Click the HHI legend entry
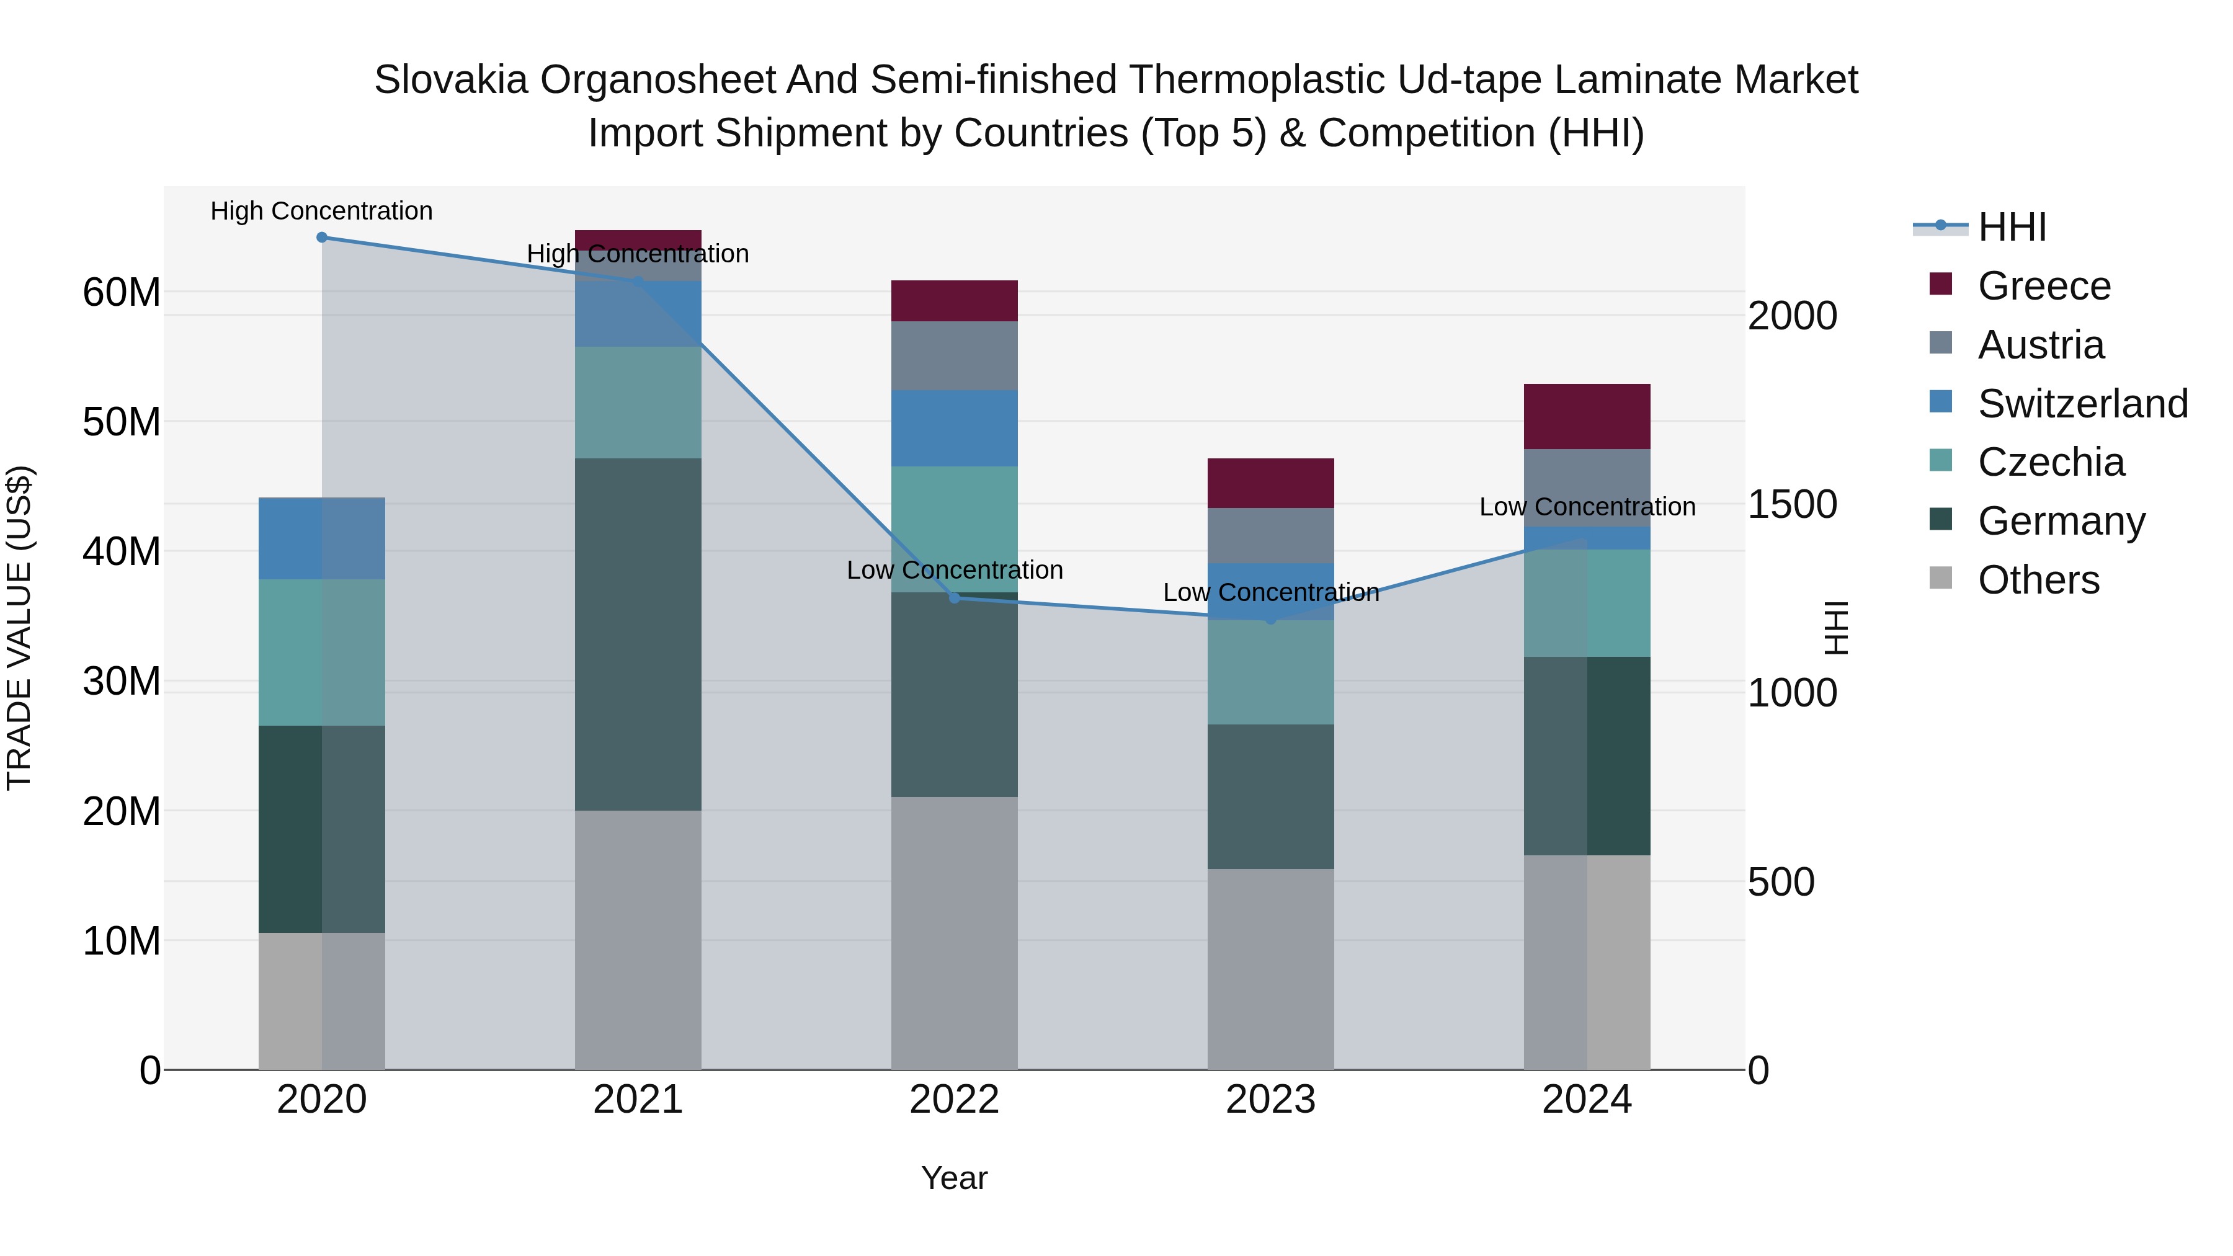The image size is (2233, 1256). pyautogui.click(x=2011, y=227)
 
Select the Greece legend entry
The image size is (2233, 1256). pyautogui.click(x=2043, y=286)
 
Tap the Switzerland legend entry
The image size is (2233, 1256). pyautogui.click(x=2081, y=404)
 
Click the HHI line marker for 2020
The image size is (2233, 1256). pyautogui.click(x=321, y=238)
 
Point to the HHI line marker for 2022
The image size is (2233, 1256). pyautogui.click(x=955, y=598)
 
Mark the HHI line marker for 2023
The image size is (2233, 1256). pyautogui.click(x=1271, y=620)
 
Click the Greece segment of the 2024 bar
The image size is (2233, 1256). pyautogui.click(x=1587, y=416)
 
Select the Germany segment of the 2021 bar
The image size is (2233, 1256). pyautogui.click(x=638, y=635)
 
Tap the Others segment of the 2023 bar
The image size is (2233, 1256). pyautogui.click(x=1271, y=969)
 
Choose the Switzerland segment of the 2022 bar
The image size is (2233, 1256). pyautogui.click(x=955, y=428)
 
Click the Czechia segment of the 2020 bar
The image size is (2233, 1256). pyautogui.click(x=321, y=652)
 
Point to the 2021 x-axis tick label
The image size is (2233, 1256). pyautogui.click(x=638, y=1100)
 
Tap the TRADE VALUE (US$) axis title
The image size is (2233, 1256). pyautogui.click(x=19, y=628)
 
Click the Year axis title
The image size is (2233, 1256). pyautogui.click(x=955, y=1178)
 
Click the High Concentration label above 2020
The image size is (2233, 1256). pyautogui.click(x=321, y=211)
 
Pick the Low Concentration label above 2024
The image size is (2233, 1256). pyautogui.click(x=1587, y=506)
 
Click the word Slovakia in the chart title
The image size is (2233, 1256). pyautogui.click(x=451, y=80)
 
